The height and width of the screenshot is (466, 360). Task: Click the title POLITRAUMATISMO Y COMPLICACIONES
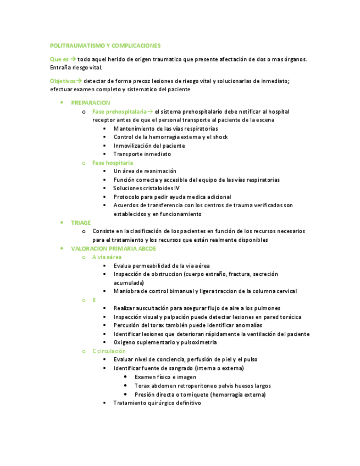(105, 46)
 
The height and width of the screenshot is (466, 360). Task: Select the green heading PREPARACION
(91, 103)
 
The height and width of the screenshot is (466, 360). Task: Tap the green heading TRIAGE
(81, 223)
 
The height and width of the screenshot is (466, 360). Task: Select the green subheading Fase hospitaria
(113, 163)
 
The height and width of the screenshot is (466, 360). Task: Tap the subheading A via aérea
(107, 257)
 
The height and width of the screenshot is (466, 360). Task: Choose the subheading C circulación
(109, 351)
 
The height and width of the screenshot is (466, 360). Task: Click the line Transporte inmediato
(142, 154)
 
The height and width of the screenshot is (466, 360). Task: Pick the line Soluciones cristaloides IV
(146, 188)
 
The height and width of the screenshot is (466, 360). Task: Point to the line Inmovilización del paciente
(149, 146)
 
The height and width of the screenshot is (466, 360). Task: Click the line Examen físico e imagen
(165, 377)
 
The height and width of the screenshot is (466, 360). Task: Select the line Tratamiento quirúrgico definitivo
(157, 403)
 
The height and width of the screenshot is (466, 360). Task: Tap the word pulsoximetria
(200, 342)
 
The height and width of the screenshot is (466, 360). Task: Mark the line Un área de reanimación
(145, 171)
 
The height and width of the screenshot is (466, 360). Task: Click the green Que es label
(59, 59)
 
